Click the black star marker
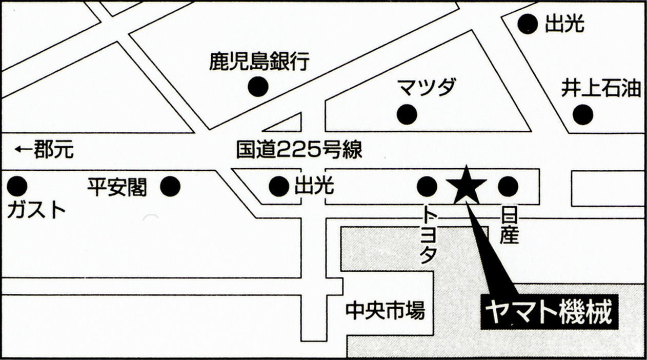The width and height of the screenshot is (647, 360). tap(466, 186)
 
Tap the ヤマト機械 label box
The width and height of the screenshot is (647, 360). tap(550, 312)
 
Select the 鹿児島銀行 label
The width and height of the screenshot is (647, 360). tap(259, 61)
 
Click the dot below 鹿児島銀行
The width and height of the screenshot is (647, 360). tap(258, 86)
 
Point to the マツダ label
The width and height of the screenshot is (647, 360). tap(427, 87)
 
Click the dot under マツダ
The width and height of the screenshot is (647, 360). tap(407, 115)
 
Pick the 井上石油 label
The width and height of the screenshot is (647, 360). tap(601, 89)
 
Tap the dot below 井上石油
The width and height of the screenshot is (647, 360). tap(583, 115)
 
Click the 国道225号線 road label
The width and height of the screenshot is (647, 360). tap(299, 150)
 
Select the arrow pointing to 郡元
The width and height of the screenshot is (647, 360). tap(24, 149)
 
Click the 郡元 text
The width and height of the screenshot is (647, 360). tap(54, 149)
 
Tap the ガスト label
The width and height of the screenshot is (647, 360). tap(36, 210)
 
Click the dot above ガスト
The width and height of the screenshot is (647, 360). tap(17, 186)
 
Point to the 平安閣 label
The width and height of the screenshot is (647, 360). tap(117, 187)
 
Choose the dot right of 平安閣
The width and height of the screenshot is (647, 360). tap(170, 186)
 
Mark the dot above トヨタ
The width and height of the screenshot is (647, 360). tap(427, 186)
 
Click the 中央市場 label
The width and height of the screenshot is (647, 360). tap(386, 311)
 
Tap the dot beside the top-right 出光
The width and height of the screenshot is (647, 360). tap(528, 24)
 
